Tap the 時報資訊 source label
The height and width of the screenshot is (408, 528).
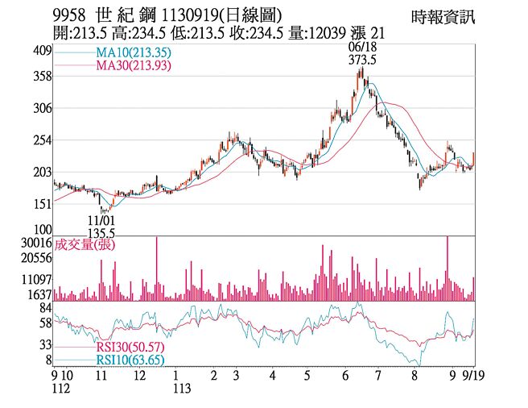443,16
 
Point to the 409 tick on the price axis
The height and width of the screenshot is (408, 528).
41,52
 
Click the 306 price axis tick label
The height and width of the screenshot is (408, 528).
41,108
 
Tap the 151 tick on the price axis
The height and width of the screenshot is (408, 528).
41,205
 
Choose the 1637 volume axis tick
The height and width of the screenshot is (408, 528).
38,294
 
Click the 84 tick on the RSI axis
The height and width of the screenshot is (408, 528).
44,307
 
